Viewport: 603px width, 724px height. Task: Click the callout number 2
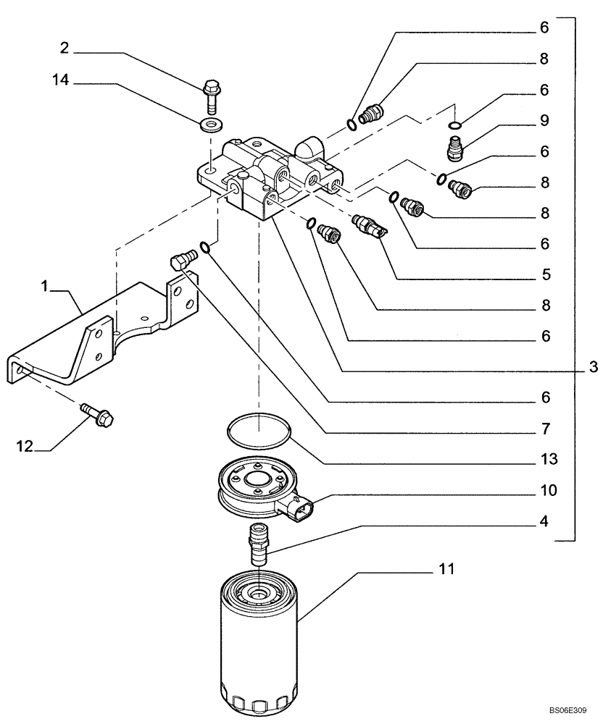pyautogui.click(x=65, y=49)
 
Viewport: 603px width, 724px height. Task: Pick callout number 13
pyautogui.click(x=543, y=459)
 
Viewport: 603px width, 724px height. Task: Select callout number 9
pyautogui.click(x=544, y=120)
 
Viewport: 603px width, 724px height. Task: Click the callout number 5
pyautogui.click(x=544, y=274)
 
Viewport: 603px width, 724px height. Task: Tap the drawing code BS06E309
pyautogui.click(x=567, y=712)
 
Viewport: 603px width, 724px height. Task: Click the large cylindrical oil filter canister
pyautogui.click(x=259, y=644)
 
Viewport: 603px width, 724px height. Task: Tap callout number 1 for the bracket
pyautogui.click(x=45, y=287)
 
